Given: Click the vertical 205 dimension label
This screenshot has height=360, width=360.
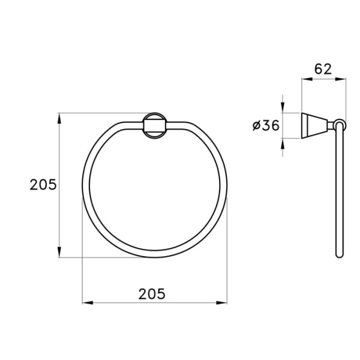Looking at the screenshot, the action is [x=43, y=185].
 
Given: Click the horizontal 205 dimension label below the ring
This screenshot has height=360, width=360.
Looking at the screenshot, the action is [x=152, y=294].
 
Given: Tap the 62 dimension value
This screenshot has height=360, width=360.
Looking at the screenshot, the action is [x=323, y=69].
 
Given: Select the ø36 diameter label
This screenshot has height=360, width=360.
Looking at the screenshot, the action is [x=266, y=125].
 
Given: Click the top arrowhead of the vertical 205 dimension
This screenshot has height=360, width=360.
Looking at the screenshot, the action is [x=59, y=118].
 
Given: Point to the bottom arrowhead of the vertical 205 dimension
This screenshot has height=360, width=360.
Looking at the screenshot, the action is [x=59, y=252].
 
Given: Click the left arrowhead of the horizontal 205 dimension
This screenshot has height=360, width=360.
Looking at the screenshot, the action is [x=88, y=303].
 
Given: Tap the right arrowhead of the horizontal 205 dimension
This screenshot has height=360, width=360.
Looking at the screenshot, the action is [x=221, y=303].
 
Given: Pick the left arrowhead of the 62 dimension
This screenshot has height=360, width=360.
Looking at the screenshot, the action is [x=307, y=79].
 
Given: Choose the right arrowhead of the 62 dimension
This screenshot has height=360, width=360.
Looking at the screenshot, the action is [x=340, y=79].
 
